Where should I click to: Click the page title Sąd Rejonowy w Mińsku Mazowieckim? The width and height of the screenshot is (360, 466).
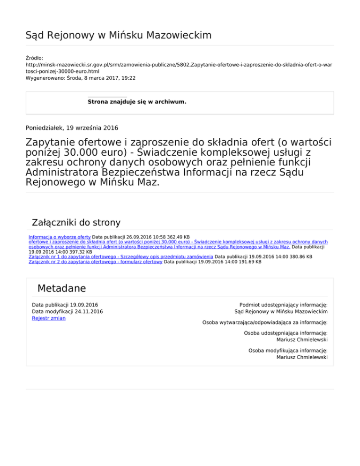118,35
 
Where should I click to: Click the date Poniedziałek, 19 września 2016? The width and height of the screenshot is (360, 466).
72,127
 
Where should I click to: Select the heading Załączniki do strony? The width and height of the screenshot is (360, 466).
75,222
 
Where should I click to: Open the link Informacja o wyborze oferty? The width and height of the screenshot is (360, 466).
60,238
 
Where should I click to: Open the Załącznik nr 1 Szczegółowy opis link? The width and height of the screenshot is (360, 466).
121,256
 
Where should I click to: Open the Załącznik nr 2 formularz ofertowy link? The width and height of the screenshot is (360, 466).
95,262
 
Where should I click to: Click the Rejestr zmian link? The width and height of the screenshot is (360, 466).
48,318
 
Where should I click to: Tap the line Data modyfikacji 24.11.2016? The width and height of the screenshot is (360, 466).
67,311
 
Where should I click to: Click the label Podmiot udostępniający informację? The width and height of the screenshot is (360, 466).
283,305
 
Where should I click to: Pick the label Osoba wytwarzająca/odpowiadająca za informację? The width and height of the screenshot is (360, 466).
264,323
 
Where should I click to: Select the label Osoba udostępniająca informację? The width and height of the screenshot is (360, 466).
285,333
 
